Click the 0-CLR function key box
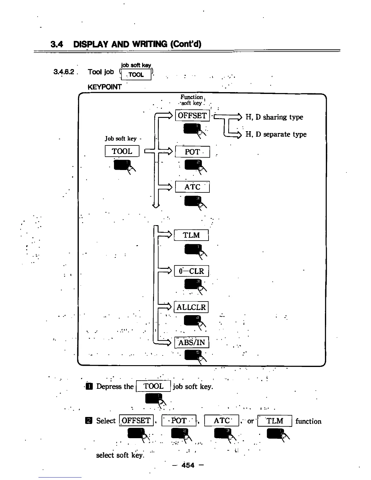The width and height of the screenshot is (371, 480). tap(191, 271)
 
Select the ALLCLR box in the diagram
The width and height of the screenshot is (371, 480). tap(191, 307)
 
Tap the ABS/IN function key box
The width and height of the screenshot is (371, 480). tap(192, 343)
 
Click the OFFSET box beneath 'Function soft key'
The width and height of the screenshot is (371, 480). tap(192, 116)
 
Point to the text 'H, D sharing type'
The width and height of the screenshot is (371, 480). tap(274, 117)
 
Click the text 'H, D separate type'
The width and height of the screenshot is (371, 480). tap(276, 134)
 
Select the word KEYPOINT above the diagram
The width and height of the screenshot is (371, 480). tap(104, 87)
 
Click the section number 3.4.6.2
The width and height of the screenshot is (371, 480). tap(64, 72)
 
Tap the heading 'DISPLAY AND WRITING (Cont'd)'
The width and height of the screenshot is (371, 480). tap(137, 45)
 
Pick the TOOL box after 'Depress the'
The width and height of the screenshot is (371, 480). tap(153, 386)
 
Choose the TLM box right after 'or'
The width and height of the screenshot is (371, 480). tap(274, 421)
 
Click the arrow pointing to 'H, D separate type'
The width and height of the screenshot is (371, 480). tap(233, 135)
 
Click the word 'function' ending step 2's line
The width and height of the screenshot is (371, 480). tap(308, 421)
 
